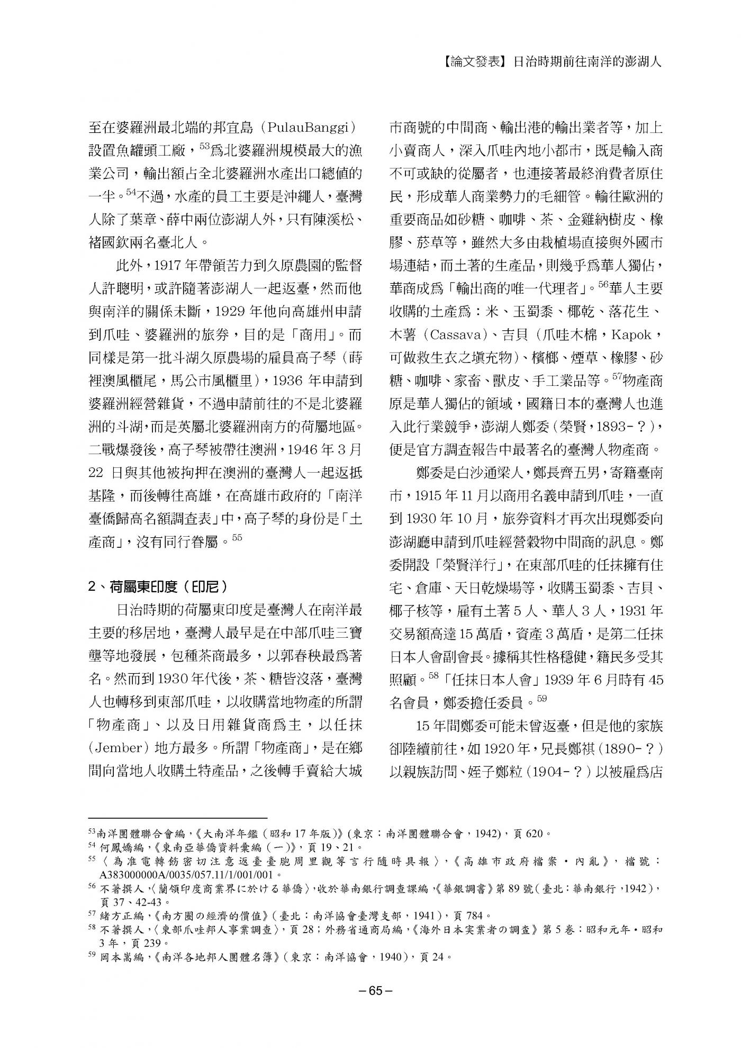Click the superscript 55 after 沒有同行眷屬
[237, 538]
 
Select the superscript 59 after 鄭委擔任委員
[541, 699]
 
